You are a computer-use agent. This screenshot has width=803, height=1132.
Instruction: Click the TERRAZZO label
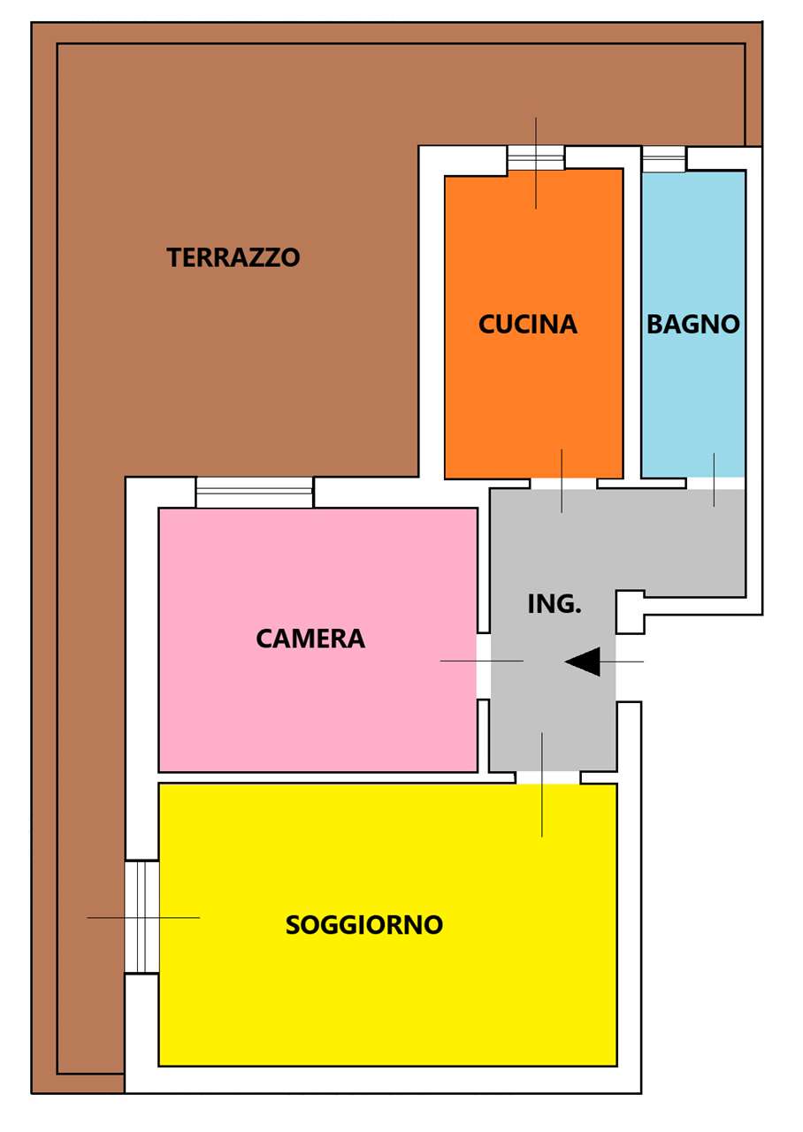point(233,257)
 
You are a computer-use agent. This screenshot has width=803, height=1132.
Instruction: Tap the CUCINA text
point(528,325)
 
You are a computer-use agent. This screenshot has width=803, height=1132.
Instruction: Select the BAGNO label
point(692,325)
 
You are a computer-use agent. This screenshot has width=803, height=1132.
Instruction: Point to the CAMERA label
point(310,638)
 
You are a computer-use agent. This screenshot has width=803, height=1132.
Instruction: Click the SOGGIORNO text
point(364,924)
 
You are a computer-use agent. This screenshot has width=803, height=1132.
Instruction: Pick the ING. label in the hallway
point(554,604)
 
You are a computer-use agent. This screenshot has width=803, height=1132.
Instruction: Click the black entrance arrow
point(584,662)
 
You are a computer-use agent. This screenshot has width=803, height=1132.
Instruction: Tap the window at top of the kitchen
point(536,157)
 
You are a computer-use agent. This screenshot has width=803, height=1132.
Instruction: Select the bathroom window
point(663,159)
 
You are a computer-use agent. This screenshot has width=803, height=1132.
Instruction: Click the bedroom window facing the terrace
point(254,492)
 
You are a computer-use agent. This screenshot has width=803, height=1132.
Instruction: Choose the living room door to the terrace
point(141,917)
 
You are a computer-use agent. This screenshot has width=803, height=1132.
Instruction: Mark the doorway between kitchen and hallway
point(563,483)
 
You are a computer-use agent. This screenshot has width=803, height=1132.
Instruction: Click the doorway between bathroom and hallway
point(715,483)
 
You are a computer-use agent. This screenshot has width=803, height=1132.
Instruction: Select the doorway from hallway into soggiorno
point(547,777)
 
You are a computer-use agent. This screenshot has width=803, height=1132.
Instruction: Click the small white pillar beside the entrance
point(630,612)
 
